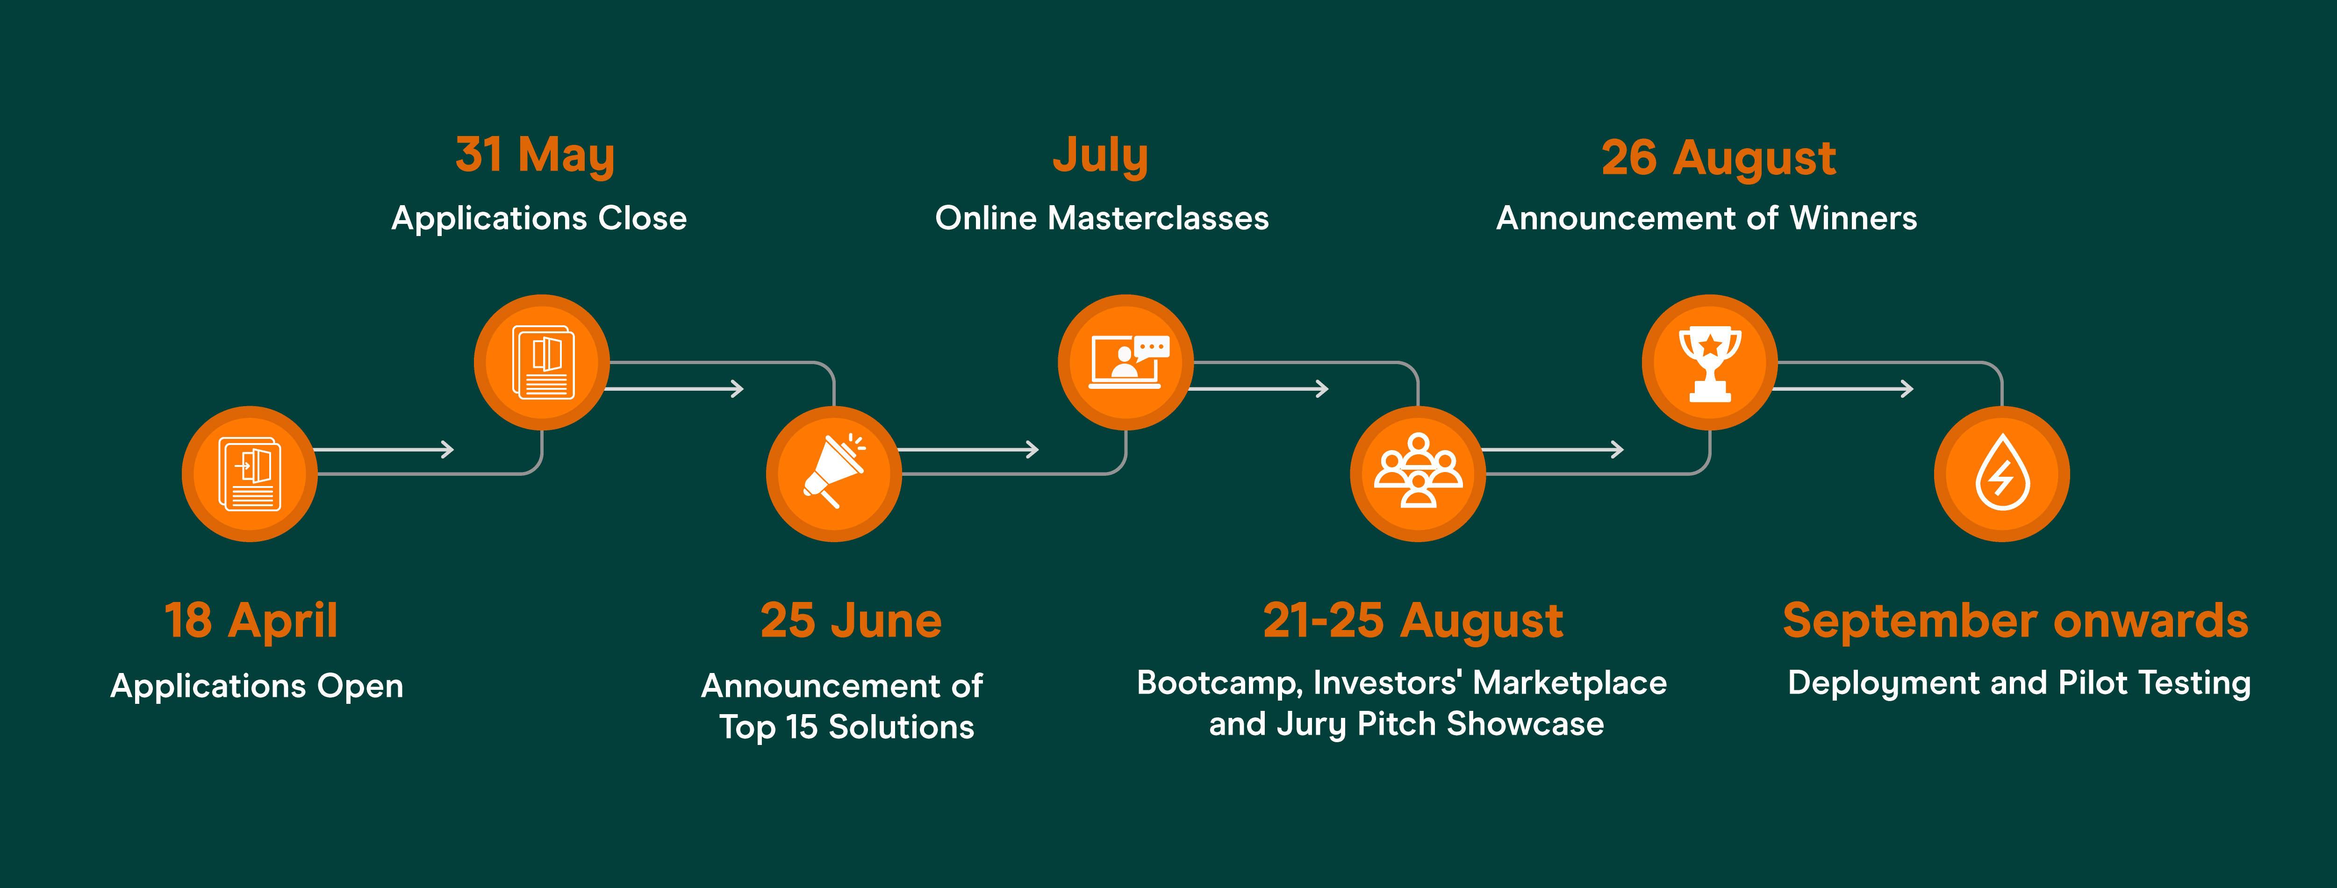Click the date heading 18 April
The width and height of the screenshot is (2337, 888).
pos(251,621)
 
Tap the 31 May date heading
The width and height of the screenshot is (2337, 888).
pos(535,154)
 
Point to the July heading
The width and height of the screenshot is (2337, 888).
pos(1100,154)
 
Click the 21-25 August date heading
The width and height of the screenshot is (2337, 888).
pos(1413,621)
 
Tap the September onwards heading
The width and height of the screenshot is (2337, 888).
pos(2016,621)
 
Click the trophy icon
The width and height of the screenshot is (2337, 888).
pos(1710,363)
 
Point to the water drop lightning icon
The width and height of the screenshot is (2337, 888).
pos(2002,473)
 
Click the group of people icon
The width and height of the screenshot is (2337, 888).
pos(1418,471)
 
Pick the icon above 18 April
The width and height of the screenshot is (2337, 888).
pos(250,474)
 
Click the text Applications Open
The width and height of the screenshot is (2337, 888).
pos(257,686)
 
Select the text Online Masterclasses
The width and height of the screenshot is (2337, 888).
pos(1101,218)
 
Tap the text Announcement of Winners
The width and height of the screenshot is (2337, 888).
pos(1706,218)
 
